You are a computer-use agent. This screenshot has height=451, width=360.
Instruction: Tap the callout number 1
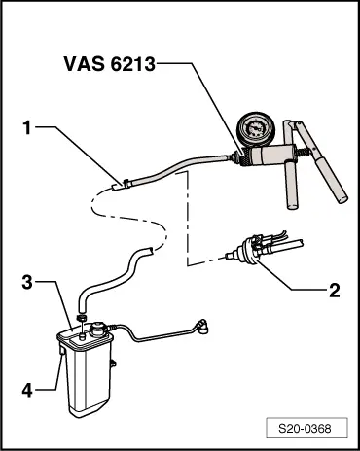pos(29,126)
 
